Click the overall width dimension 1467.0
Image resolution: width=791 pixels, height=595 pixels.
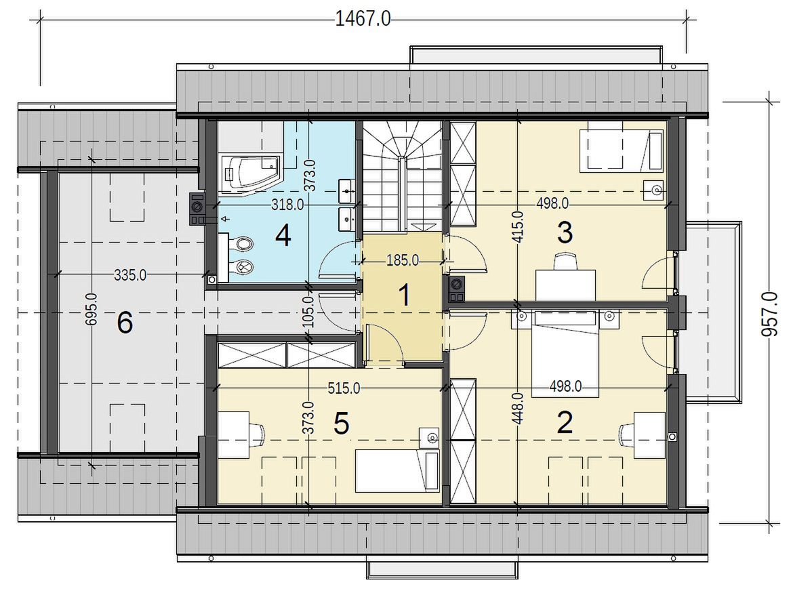[x=363, y=20]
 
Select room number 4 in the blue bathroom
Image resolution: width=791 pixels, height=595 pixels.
[x=283, y=236]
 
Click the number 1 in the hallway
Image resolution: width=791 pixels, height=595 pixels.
[x=405, y=295]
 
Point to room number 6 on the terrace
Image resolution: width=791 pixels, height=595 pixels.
[x=125, y=323]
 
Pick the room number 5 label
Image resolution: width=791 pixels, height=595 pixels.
[x=341, y=424]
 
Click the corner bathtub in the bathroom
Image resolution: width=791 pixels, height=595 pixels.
[x=250, y=173]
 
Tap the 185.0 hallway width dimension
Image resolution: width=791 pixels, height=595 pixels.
[x=403, y=260]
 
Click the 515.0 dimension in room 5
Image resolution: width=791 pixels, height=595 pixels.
[x=344, y=388]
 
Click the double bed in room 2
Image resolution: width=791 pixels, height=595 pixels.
[x=565, y=353]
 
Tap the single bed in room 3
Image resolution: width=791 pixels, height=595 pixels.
[x=621, y=150]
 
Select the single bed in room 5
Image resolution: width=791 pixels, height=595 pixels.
[x=397, y=471]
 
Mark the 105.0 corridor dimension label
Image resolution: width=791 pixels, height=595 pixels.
[x=310, y=312]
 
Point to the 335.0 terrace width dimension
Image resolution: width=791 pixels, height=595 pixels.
[x=130, y=275]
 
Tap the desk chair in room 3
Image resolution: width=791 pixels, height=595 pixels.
[x=565, y=262]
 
